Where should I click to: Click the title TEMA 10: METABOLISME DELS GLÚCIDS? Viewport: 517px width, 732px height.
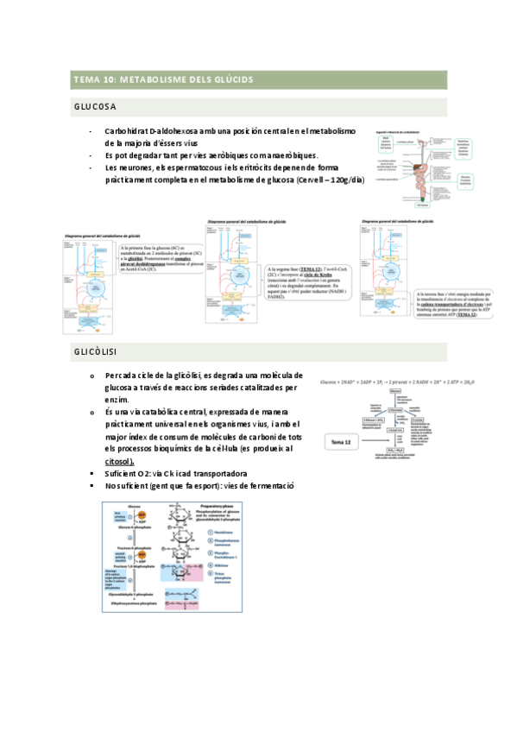[x=163, y=79]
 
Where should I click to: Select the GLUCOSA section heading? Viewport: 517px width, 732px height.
[x=96, y=107]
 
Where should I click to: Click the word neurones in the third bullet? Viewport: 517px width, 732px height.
[x=136, y=167]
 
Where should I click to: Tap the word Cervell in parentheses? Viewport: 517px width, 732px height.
[x=312, y=179]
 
